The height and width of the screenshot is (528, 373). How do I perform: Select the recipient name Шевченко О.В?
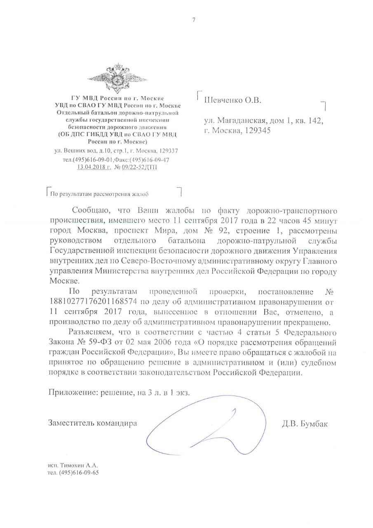coord(233,100)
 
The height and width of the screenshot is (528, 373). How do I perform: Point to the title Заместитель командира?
coord(92,423)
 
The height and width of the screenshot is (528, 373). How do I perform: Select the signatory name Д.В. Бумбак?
coord(305,423)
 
